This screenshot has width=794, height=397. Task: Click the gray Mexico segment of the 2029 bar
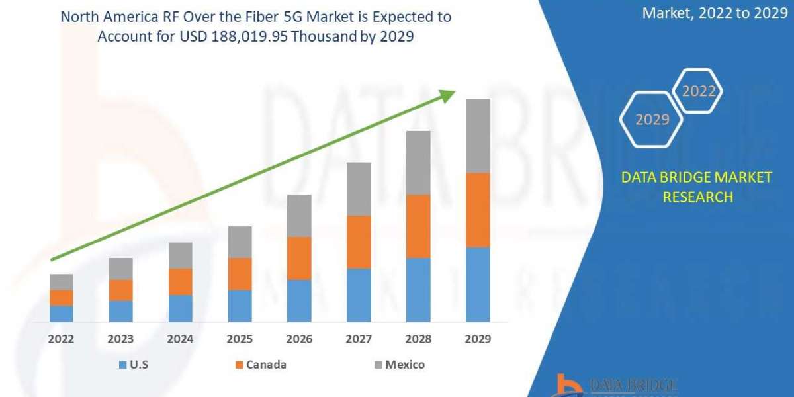pyautogui.click(x=478, y=136)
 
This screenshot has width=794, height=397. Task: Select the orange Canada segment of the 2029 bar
pyautogui.click(x=478, y=210)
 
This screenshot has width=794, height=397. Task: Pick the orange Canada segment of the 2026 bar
pyautogui.click(x=299, y=258)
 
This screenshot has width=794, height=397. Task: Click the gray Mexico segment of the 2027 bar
pyautogui.click(x=359, y=189)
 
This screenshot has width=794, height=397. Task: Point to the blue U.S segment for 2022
pyautogui.click(x=61, y=314)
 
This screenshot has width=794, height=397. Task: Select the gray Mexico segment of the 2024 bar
pyautogui.click(x=180, y=255)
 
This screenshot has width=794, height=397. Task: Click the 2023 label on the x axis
pyautogui.click(x=120, y=339)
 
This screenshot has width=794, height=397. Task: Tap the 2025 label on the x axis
pyautogui.click(x=240, y=339)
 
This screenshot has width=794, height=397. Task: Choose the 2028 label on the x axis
pyautogui.click(x=418, y=339)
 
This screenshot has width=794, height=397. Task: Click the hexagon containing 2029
pyautogui.click(x=651, y=120)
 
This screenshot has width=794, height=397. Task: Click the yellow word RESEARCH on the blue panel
pyautogui.click(x=697, y=197)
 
